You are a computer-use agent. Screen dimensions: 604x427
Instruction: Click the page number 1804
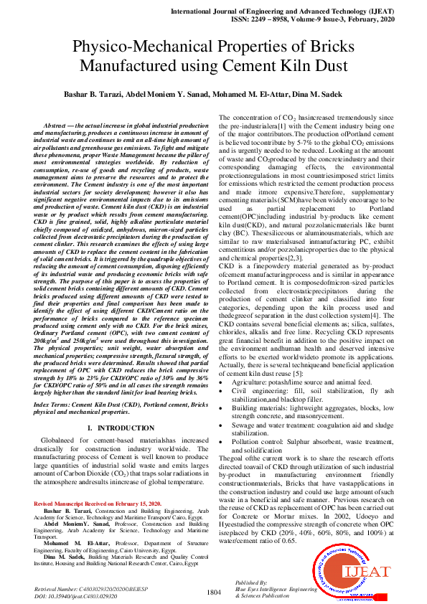[x=213, y=592]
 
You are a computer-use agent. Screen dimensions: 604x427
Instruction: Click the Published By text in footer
[x=251, y=583]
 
